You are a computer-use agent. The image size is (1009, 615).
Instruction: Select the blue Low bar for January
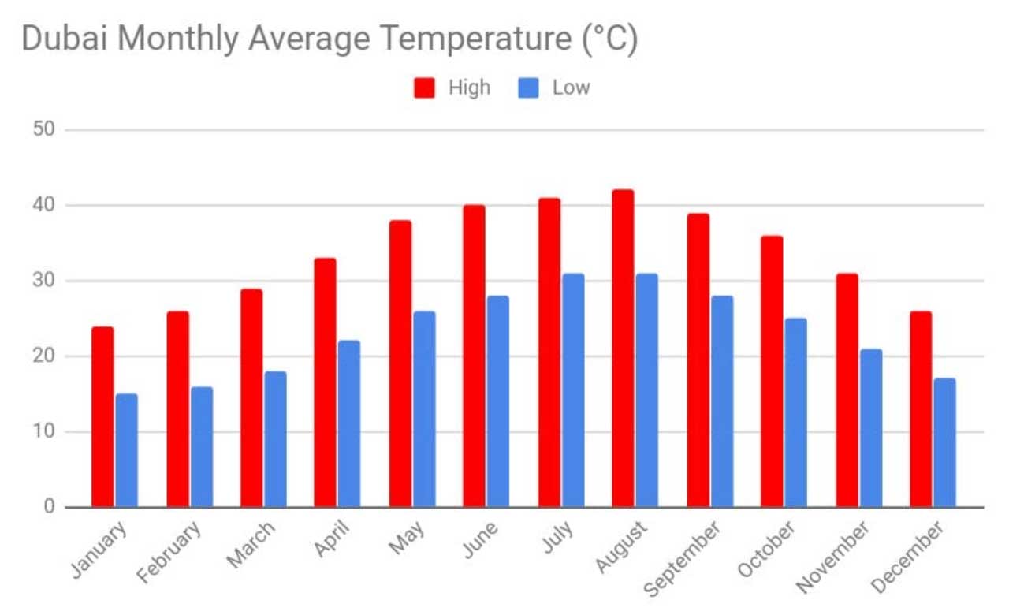coord(126,450)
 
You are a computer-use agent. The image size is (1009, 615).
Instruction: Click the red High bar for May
coord(400,363)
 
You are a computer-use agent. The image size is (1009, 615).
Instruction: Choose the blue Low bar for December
coord(944,442)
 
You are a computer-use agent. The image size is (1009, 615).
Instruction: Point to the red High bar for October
coord(772,371)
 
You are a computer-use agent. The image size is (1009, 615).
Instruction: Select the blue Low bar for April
coord(349,423)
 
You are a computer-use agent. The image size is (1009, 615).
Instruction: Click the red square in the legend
coord(425,88)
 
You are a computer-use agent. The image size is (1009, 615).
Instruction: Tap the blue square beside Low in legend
coord(529,88)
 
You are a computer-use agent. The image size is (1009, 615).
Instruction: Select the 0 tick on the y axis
coord(49,507)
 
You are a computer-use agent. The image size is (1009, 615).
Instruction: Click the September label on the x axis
coord(683,557)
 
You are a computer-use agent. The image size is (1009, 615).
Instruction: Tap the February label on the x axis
coord(169,552)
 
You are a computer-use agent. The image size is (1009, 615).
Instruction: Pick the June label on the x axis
coord(480,540)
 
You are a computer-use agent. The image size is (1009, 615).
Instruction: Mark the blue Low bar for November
coord(871,427)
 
